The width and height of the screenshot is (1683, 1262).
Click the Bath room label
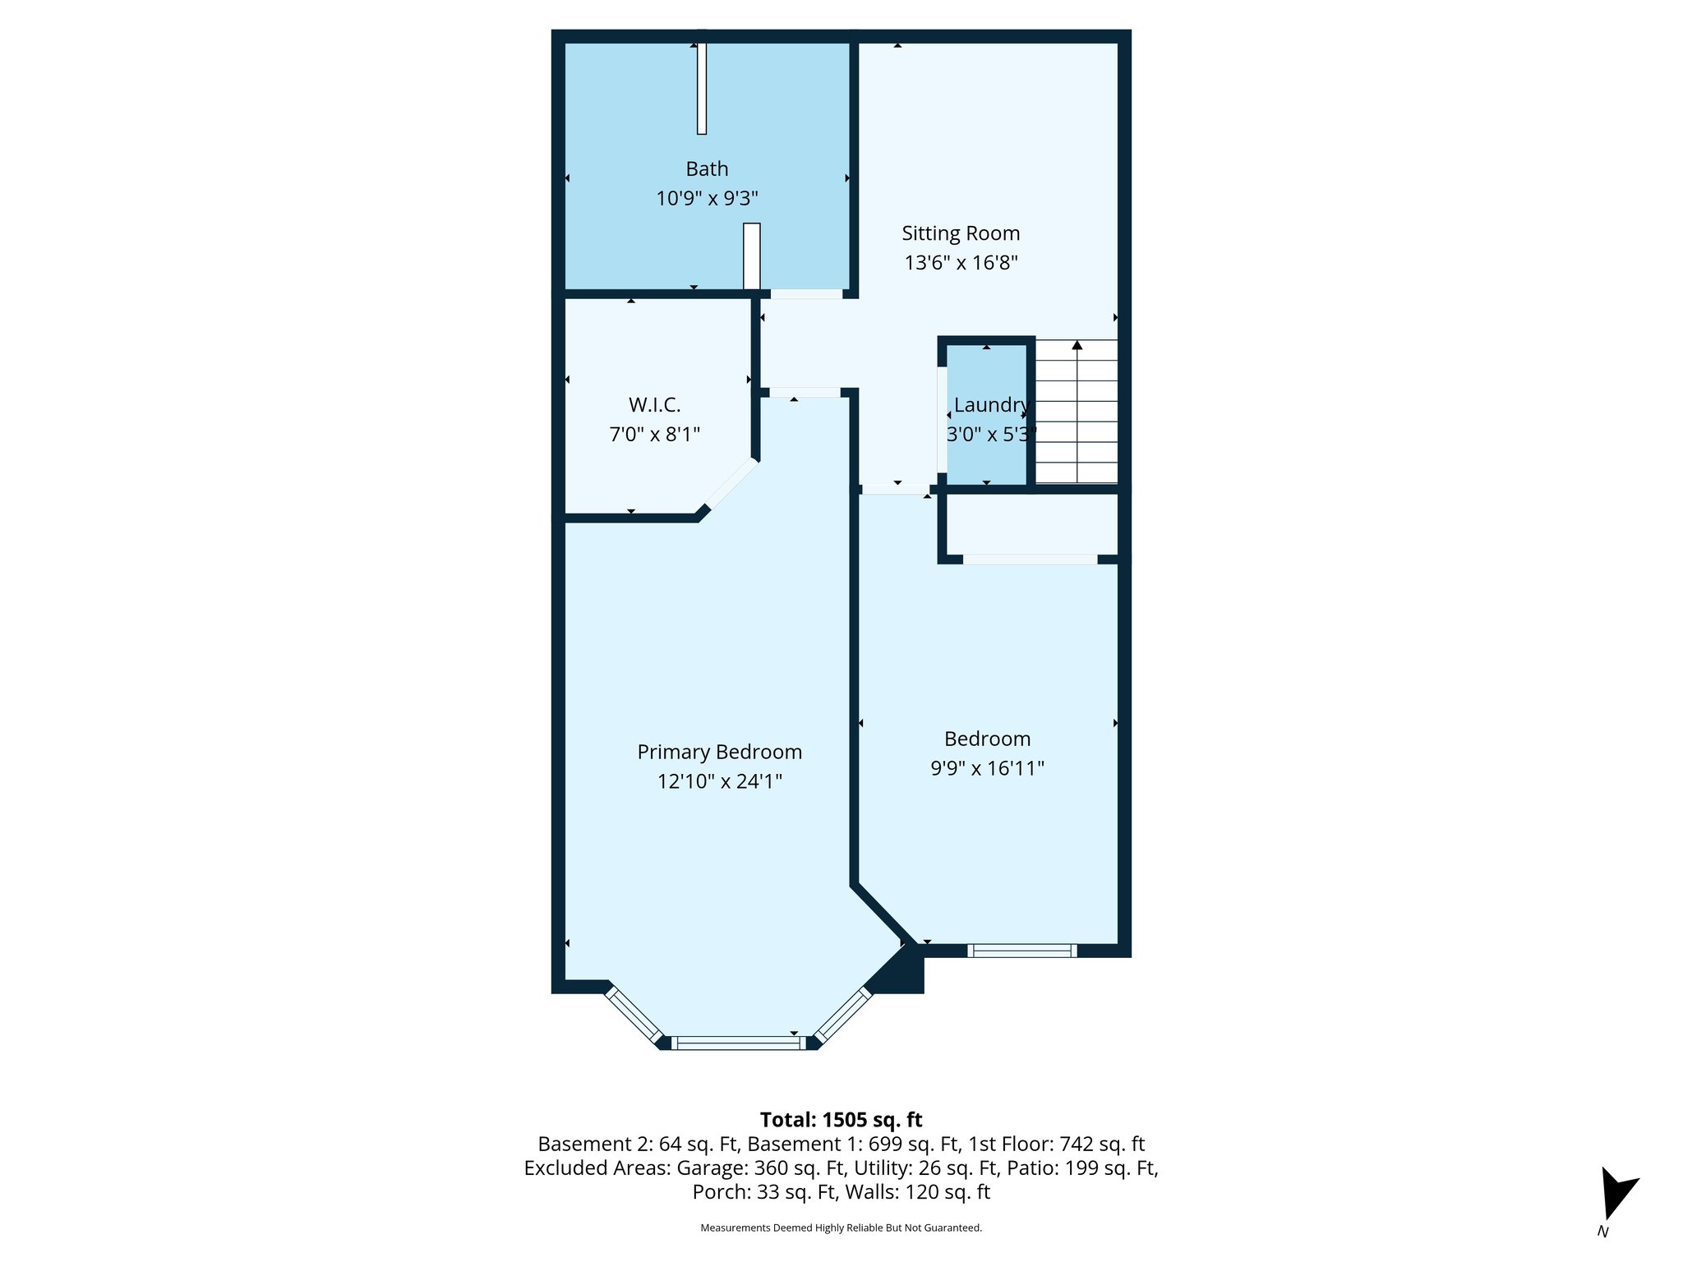click(707, 169)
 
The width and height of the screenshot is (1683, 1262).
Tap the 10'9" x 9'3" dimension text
click(707, 199)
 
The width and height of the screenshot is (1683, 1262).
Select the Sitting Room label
click(961, 233)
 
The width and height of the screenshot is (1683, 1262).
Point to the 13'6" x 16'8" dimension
click(961, 263)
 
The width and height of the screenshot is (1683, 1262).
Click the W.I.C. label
click(654, 405)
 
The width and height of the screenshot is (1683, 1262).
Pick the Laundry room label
click(990, 405)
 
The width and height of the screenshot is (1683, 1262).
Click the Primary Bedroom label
click(719, 752)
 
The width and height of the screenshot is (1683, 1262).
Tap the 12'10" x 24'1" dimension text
click(719, 781)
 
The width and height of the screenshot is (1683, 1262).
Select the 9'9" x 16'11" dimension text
click(987, 768)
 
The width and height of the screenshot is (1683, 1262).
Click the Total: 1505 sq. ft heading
click(841, 1120)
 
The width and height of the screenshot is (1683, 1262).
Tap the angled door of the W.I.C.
click(731, 485)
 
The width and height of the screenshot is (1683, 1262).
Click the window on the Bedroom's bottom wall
click(1021, 951)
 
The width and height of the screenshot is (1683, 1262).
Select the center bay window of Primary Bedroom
click(738, 1043)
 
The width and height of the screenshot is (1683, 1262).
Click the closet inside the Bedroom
click(1032, 525)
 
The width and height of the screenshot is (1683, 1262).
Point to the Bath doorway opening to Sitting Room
click(806, 293)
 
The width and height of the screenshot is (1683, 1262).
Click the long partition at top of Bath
click(701, 89)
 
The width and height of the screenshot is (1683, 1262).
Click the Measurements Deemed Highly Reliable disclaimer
click(841, 1227)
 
